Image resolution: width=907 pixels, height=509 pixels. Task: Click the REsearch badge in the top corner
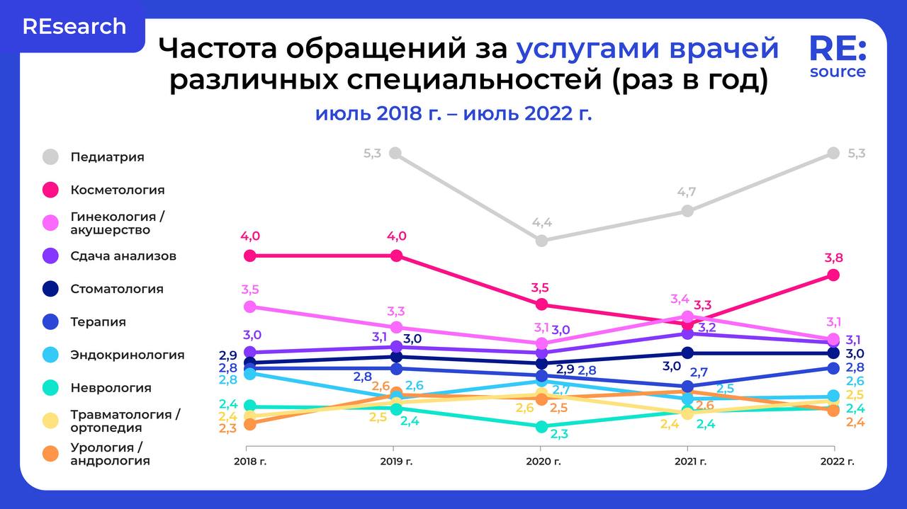74,27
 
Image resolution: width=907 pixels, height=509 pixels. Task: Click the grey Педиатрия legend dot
50,157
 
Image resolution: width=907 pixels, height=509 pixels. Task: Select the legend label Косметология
118,190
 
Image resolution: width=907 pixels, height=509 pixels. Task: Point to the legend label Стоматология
117,289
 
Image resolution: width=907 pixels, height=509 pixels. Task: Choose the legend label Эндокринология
128,355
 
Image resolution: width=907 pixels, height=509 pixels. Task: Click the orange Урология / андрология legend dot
50,454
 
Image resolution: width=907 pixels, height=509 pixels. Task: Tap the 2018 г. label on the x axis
246,462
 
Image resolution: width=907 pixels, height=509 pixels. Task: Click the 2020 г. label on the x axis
542,462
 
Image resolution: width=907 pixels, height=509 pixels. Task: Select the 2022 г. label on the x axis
834,462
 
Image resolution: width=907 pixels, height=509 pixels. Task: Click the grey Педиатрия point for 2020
542,240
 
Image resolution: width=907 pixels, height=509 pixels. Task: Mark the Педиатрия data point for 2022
833,153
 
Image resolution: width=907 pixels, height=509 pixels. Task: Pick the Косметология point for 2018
249,256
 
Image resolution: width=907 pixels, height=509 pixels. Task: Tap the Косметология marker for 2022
833,275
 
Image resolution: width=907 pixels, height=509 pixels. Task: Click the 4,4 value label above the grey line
542,222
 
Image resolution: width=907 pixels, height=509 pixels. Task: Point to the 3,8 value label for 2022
833,258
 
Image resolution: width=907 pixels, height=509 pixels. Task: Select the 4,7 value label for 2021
687,192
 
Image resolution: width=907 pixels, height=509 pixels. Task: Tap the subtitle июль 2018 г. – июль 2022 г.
453,113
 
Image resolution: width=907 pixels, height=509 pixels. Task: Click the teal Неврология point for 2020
542,426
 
